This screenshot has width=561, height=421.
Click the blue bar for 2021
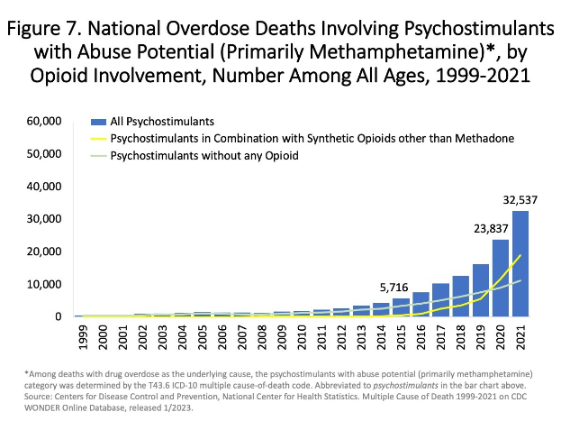[520, 264]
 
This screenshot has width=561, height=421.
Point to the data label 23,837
[494, 229]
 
